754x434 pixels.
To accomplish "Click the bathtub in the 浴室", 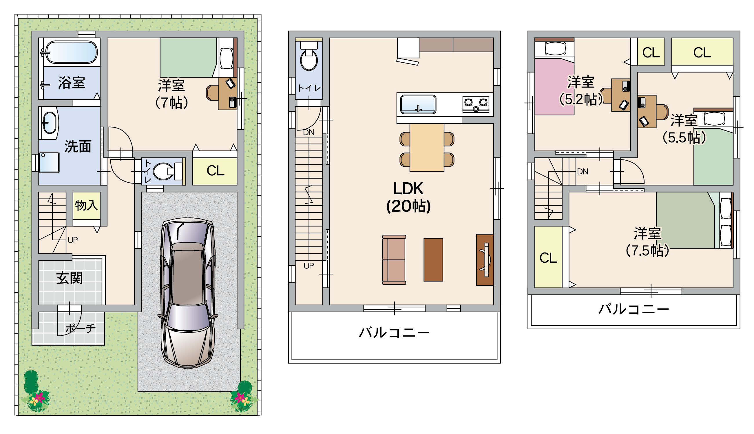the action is coord(72,52).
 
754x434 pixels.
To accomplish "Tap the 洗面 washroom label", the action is coord(78,146).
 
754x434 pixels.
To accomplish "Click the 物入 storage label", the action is coord(86,205).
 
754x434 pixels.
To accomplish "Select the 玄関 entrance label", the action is coord(70,278).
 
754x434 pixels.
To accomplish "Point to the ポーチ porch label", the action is coord(81,329).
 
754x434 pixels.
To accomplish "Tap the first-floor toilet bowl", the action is coord(164,171).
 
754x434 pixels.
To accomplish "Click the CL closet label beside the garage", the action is coord(215,171).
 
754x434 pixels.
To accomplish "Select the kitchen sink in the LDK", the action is coord(418,104).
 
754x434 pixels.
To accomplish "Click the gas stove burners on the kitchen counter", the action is coord(476,104).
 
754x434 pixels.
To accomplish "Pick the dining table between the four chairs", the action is coord(427,148).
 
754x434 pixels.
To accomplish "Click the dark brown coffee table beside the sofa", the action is coord(433,260).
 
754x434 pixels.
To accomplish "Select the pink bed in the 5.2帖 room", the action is coord(554,86).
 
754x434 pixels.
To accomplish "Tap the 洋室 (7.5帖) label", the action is coord(647,242).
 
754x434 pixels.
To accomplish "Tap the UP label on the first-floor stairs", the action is coord(73,240).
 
